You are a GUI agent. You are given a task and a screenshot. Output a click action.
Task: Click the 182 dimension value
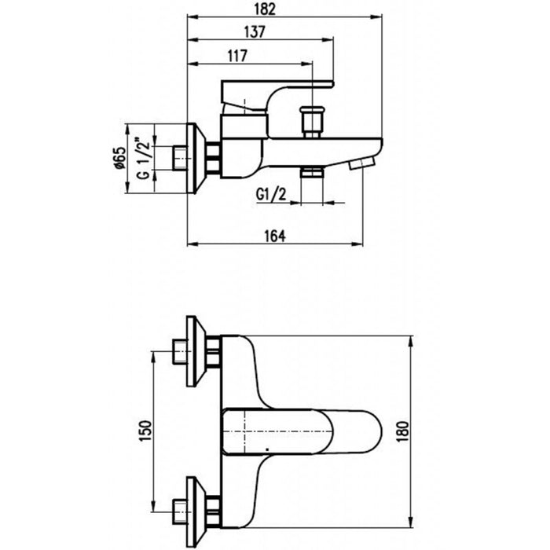point(284,9)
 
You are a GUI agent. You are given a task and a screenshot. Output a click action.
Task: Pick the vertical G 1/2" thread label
point(143,158)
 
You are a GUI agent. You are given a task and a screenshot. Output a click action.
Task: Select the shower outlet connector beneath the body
point(313,171)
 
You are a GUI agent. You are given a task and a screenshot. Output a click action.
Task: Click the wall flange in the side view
point(196,158)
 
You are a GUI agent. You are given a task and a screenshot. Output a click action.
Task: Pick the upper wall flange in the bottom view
point(194,351)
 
